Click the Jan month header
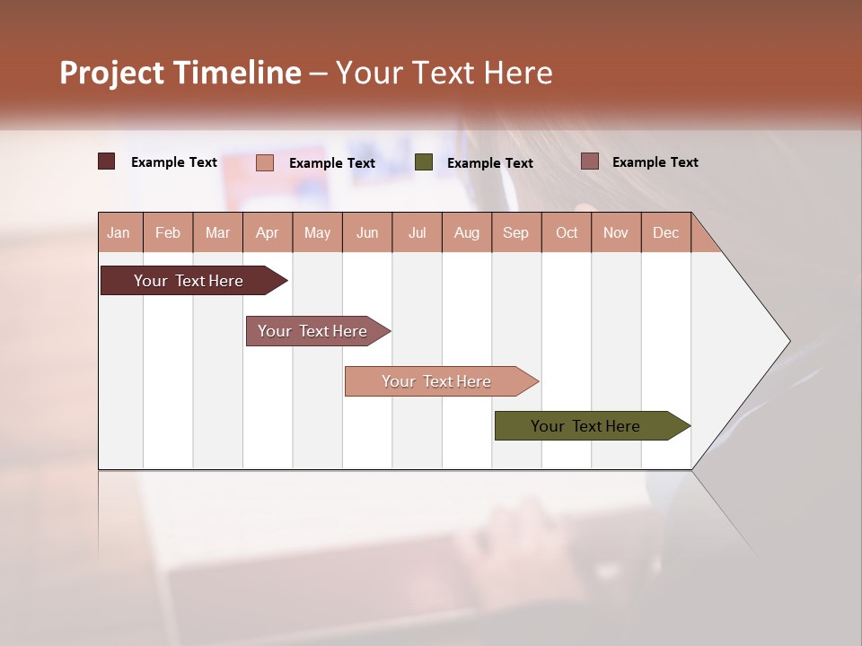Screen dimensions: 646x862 point(119,232)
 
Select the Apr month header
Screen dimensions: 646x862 point(267,232)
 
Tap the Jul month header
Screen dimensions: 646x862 point(417,232)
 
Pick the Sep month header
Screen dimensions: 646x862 point(515,232)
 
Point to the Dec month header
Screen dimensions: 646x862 point(665,232)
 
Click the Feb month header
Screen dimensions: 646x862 point(168,232)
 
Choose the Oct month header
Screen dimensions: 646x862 point(567,232)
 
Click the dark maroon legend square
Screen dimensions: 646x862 point(106,161)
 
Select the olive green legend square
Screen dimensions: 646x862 point(424,162)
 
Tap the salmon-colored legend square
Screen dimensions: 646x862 point(265,162)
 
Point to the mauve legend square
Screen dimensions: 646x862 point(589,161)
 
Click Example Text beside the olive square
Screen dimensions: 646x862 point(489,163)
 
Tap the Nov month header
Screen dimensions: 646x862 point(616,232)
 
